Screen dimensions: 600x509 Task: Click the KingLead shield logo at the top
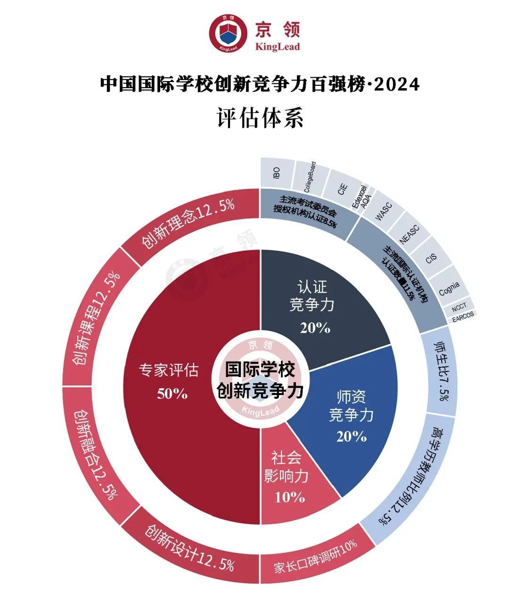[229, 33]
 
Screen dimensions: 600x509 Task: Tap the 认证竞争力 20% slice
[320, 302]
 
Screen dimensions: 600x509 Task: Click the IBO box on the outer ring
[277, 173]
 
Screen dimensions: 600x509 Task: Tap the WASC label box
[383, 212]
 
